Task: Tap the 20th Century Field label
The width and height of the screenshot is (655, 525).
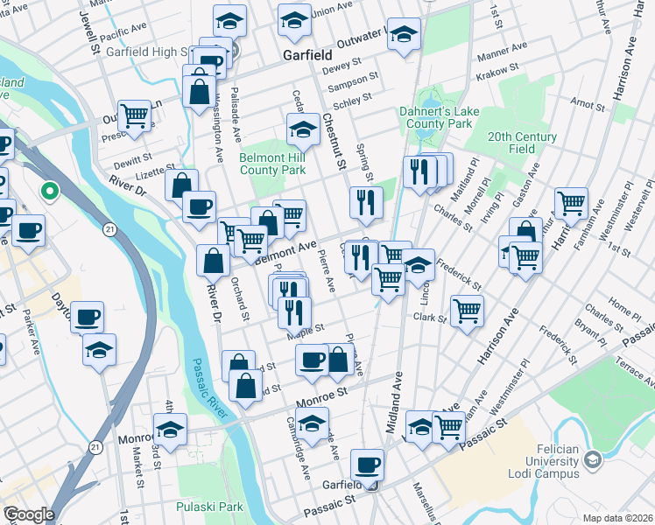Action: [x=523, y=143]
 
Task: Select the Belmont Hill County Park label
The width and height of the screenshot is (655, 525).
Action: [x=272, y=164]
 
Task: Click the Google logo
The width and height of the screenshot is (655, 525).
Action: [x=29, y=514]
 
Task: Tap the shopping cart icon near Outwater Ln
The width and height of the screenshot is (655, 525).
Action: [x=135, y=115]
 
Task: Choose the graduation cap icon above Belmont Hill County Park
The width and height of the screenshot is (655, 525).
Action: [x=303, y=130]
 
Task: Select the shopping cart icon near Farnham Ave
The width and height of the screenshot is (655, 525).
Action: [x=571, y=203]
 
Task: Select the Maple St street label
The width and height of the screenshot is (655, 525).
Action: [x=307, y=329]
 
